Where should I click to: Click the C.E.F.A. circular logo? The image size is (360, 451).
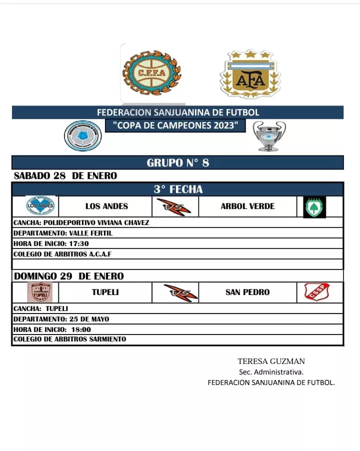152,72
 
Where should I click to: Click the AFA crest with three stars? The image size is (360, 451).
250,74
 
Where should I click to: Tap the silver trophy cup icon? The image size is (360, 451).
269,136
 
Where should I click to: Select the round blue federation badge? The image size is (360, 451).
83,136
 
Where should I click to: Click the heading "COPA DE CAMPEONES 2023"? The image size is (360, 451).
175,125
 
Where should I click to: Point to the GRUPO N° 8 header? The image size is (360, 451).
177,162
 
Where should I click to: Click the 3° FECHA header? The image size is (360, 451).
178,189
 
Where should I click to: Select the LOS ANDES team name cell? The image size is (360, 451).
106,206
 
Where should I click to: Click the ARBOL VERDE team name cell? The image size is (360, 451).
247,206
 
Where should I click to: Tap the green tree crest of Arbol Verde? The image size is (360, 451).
314,206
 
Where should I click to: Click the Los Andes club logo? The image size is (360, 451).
40,206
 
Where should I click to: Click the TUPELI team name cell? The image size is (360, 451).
105,292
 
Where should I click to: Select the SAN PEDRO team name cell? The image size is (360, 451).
247,292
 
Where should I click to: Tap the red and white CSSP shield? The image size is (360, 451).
317,292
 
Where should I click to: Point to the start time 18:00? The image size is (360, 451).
80,329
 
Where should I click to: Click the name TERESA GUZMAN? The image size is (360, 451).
271,361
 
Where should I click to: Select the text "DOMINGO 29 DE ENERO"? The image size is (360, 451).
69,276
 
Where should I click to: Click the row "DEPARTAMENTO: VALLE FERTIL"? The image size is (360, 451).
63,233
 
